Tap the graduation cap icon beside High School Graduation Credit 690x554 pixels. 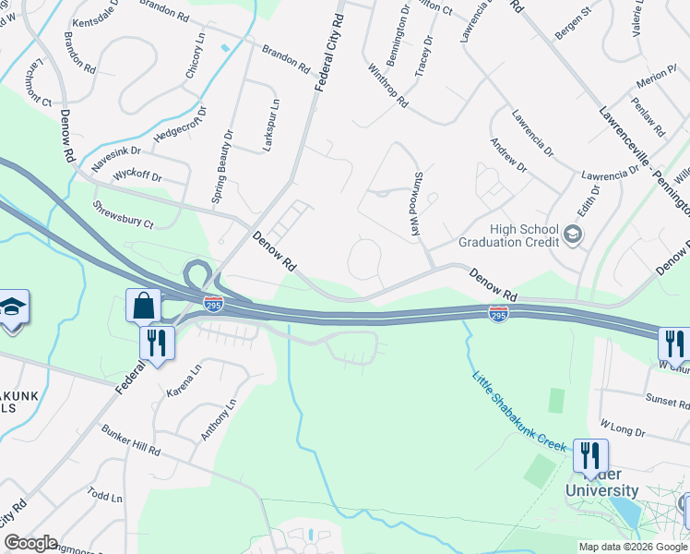573,235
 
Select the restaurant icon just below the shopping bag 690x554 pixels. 157,343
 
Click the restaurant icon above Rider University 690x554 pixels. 590,455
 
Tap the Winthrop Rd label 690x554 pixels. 387,87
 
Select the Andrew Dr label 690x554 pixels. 508,155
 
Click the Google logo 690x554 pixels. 30,543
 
